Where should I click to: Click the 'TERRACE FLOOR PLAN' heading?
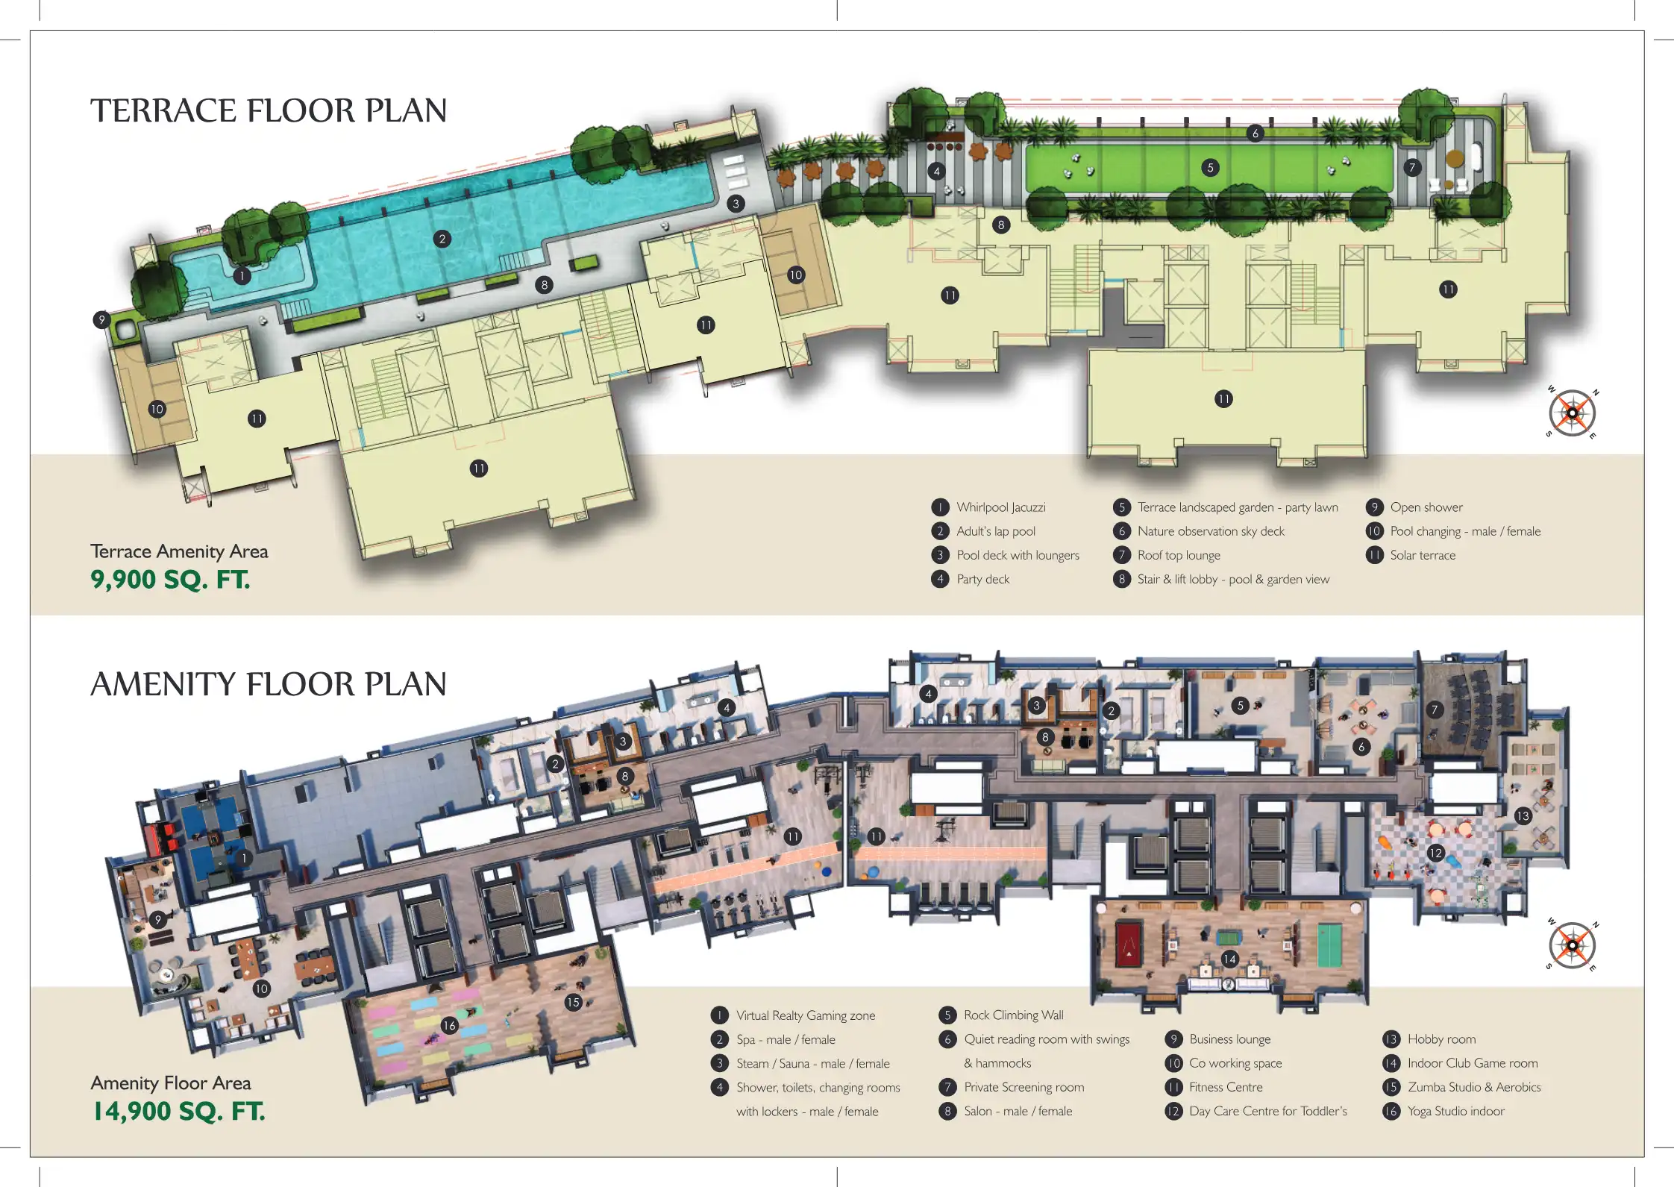[x=269, y=110]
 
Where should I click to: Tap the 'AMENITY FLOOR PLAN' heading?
[x=269, y=684]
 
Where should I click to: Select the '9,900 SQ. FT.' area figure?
[x=170, y=580]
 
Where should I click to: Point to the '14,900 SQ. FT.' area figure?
[x=178, y=1111]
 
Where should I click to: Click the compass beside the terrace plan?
[x=1572, y=413]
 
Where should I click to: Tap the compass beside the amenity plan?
[x=1572, y=945]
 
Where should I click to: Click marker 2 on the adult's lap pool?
[x=442, y=239]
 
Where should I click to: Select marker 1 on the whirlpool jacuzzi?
[x=242, y=276]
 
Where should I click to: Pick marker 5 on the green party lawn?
[x=1210, y=168]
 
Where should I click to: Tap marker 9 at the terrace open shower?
[x=102, y=320]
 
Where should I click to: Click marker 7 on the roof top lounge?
[x=1411, y=168]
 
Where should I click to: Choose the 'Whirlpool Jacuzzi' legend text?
[x=1001, y=507]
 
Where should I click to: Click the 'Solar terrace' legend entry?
[x=1423, y=555]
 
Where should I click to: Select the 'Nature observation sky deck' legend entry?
[x=1211, y=531]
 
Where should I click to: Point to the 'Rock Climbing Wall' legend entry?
[x=1014, y=1015]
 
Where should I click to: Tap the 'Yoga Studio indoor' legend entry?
[x=1456, y=1111]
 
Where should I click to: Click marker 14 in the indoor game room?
[x=1229, y=959]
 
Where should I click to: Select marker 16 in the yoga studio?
[x=449, y=1026]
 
